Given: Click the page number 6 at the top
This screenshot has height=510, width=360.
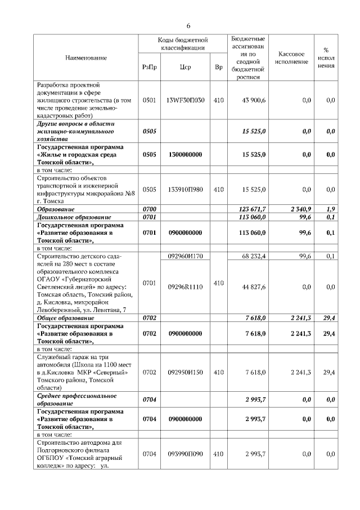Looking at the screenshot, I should tap(188, 26).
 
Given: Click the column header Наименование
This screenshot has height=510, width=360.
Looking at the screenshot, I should tap(86, 57).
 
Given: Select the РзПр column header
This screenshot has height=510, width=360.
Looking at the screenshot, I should tap(150, 68).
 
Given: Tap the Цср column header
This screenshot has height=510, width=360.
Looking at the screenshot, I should tap(185, 68).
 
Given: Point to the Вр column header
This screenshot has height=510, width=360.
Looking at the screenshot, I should tap(219, 68).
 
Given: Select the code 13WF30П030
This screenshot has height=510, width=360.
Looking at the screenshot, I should tap(185, 100).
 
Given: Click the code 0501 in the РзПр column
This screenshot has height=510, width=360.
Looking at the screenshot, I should tap(150, 100).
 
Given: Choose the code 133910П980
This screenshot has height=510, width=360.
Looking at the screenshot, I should tap(185, 190).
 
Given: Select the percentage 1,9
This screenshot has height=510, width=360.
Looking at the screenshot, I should tap(330, 209).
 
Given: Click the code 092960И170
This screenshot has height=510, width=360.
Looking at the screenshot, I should tap(185, 256).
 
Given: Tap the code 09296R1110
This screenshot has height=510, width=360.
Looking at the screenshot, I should tap(185, 287).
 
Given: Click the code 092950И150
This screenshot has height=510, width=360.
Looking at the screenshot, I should tap(185, 372).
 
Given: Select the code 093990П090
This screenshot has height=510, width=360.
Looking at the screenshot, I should tap(185, 453).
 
